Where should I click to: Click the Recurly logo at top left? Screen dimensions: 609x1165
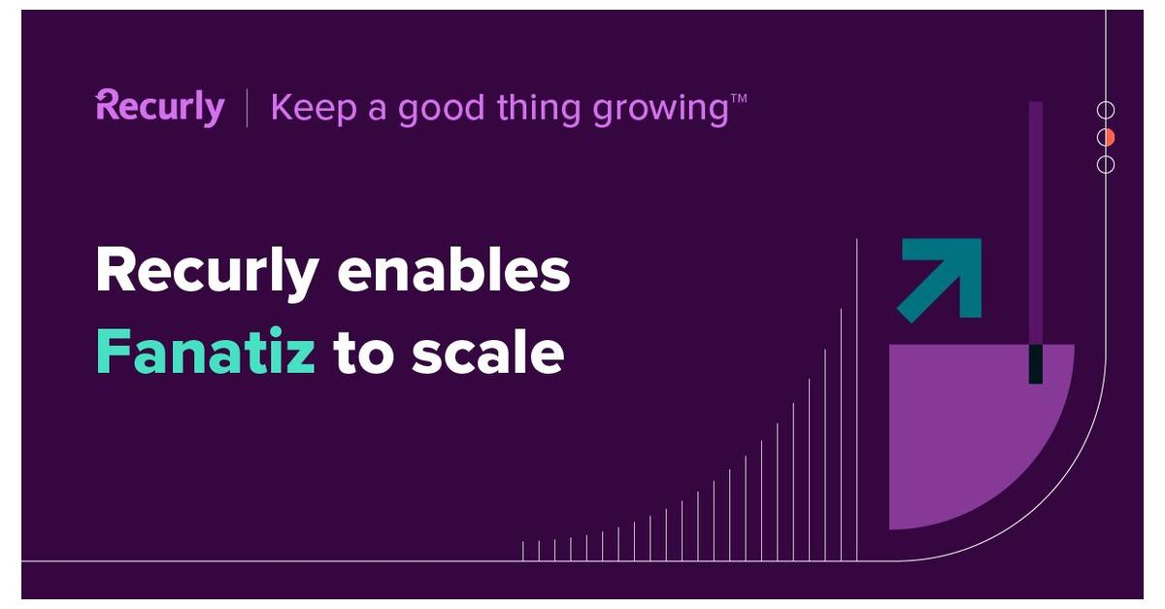160,106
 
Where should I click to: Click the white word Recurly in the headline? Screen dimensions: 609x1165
207,271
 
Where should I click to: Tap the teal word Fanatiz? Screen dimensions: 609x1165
205,353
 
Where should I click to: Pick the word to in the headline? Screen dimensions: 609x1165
361,354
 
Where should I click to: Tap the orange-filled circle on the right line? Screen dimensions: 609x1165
1106,137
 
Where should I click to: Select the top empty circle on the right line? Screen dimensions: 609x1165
1106,110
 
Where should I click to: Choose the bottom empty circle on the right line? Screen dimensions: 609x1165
1106,164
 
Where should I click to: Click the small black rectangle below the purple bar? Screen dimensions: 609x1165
1036,363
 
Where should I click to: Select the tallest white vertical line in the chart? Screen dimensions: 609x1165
856,398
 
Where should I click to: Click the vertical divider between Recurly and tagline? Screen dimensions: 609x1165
247,107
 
